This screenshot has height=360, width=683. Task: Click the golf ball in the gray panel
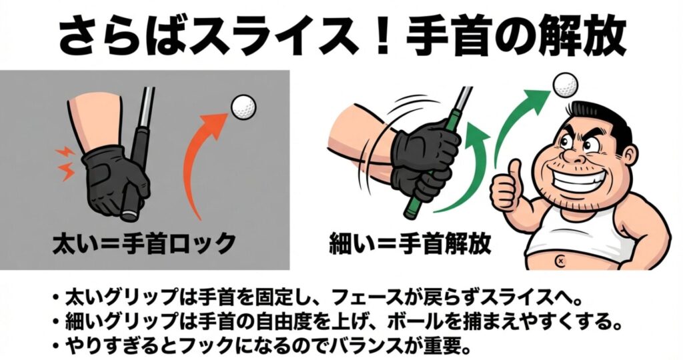click(x=243, y=107)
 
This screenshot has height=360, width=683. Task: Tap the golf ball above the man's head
click(x=566, y=85)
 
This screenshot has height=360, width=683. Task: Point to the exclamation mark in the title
click(x=383, y=37)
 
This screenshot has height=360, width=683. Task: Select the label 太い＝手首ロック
click(x=144, y=243)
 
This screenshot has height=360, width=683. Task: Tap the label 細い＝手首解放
click(x=410, y=243)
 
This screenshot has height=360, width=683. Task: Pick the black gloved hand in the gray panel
click(x=115, y=182)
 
